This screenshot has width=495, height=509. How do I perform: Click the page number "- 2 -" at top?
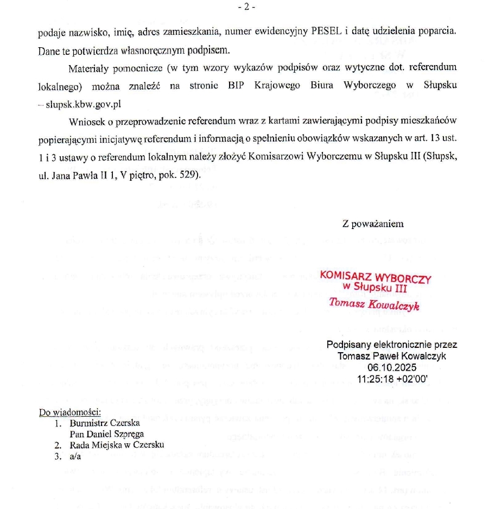[x=246, y=7]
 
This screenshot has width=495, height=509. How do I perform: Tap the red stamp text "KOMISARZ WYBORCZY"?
[x=376, y=277]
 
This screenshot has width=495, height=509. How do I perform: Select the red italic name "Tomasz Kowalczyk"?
[x=374, y=304]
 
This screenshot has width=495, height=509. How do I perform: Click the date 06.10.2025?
[x=391, y=367]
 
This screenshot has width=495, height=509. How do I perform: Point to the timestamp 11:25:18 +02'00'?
[x=392, y=378]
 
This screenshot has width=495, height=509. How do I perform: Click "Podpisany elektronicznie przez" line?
[x=392, y=345]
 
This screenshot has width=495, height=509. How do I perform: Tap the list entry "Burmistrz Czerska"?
[x=105, y=423]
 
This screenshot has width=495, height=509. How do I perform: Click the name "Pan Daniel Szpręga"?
[x=107, y=434]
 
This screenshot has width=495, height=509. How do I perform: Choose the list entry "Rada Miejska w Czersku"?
[x=117, y=446]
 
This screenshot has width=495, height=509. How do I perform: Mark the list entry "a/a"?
[x=75, y=456]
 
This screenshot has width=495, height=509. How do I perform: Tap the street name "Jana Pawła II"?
[x=74, y=176]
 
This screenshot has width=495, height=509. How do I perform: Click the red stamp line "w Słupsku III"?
[x=375, y=288]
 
